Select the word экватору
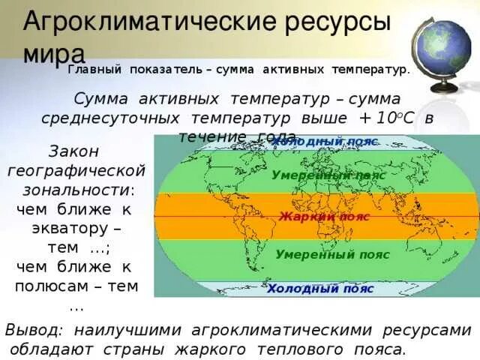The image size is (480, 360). (x=71, y=227)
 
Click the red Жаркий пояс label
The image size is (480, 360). (x=325, y=216)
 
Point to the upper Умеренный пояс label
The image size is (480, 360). (x=328, y=175)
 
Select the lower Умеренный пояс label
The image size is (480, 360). (x=332, y=254)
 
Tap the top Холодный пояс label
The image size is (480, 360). (x=324, y=142)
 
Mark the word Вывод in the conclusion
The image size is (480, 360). (x=34, y=330)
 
